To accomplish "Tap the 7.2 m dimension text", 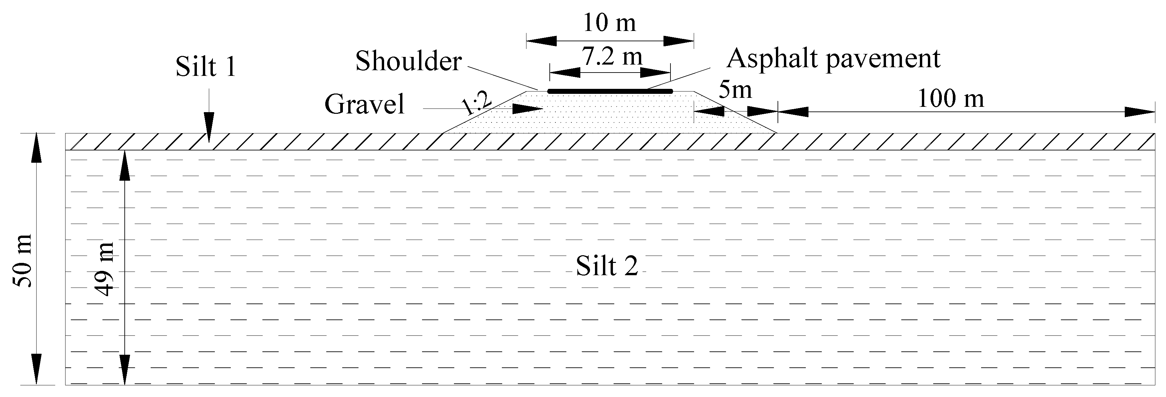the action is (x=612, y=57).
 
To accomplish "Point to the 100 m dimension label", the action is (x=950, y=99).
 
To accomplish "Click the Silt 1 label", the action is (x=206, y=67).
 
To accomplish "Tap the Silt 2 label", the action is (x=607, y=266).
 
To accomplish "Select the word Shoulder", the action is (x=408, y=61).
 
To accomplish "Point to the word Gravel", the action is (x=364, y=104).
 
